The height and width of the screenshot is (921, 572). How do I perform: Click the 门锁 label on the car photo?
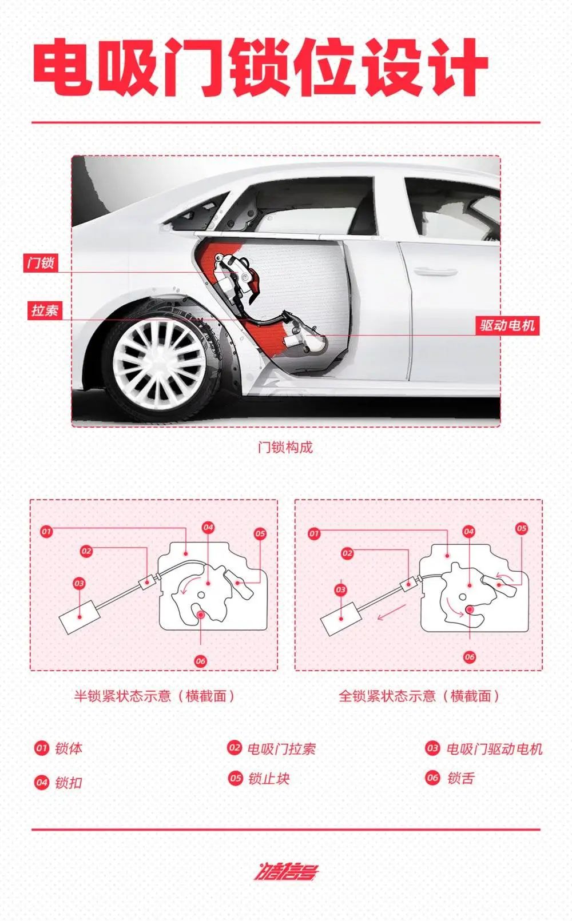point(41,263)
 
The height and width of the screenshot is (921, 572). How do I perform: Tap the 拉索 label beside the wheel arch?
point(45,310)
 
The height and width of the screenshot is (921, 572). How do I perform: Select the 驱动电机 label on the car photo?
point(507,325)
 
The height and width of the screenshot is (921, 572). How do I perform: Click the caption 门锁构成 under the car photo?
point(285,447)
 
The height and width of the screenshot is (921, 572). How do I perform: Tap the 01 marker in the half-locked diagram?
point(46,531)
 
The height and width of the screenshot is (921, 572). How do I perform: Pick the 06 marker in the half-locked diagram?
point(200,661)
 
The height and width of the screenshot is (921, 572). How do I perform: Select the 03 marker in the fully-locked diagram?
point(340,590)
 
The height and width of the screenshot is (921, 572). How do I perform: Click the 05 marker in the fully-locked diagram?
point(522,528)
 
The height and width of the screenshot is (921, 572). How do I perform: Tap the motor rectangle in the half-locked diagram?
point(80,617)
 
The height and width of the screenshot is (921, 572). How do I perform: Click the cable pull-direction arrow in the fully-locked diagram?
point(392,612)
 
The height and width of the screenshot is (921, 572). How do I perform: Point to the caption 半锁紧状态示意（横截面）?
point(154,696)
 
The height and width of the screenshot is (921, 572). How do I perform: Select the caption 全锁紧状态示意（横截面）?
point(419,696)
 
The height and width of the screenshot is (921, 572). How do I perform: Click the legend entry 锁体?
point(58,748)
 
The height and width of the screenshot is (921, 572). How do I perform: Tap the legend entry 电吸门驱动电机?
point(484,748)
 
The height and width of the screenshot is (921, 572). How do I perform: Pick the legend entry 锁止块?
point(259,778)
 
